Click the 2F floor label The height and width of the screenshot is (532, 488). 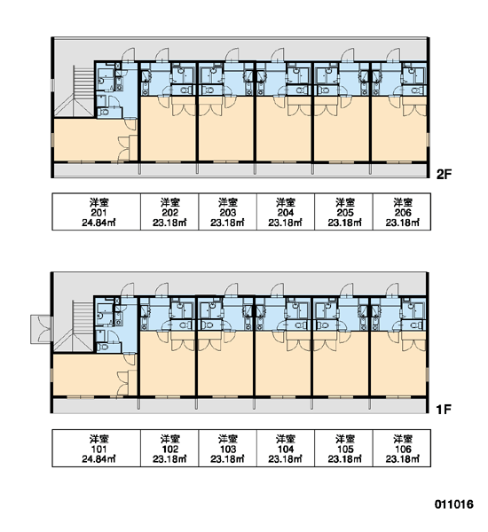tap(444, 175)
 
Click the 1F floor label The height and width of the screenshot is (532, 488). tap(444, 410)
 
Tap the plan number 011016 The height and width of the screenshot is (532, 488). tap(453, 505)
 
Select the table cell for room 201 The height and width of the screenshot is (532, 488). tap(96, 212)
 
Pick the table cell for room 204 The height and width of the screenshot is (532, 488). tap(286, 212)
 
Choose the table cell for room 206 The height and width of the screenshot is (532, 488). tap(402, 212)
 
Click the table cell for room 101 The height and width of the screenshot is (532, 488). tap(96, 448)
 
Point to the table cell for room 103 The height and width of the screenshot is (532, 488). tap(227, 448)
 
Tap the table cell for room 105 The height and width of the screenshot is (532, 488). tap(344, 448)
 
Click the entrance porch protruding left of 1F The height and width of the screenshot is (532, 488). tap(41, 329)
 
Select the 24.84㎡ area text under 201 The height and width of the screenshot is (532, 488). tap(98, 223)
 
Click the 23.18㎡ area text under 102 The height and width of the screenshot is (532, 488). tap(169, 459)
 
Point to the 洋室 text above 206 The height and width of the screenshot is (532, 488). tap(403, 202)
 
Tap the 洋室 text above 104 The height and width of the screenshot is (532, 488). tap(286, 439)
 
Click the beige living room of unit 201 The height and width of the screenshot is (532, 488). tap(89, 139)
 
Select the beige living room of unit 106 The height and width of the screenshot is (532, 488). tap(398, 366)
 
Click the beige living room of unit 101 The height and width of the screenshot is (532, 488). tap(89, 374)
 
